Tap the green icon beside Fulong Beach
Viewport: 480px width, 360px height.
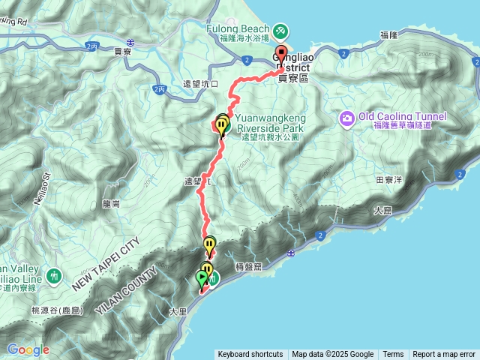pyautogui.click(x=279, y=31)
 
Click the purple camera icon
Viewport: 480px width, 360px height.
pyautogui.click(x=346, y=118)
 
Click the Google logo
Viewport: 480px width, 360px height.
pyautogui.click(x=28, y=349)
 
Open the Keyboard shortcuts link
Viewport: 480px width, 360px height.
pyautogui.click(x=250, y=355)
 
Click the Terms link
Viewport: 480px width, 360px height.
pyautogui.click(x=393, y=355)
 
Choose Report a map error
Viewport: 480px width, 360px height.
pyautogui.click(x=444, y=355)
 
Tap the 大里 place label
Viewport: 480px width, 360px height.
pyautogui.click(x=178, y=310)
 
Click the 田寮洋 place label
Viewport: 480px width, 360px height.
pyautogui.click(x=390, y=180)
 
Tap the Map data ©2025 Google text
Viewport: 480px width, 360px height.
pyautogui.click(x=332, y=355)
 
